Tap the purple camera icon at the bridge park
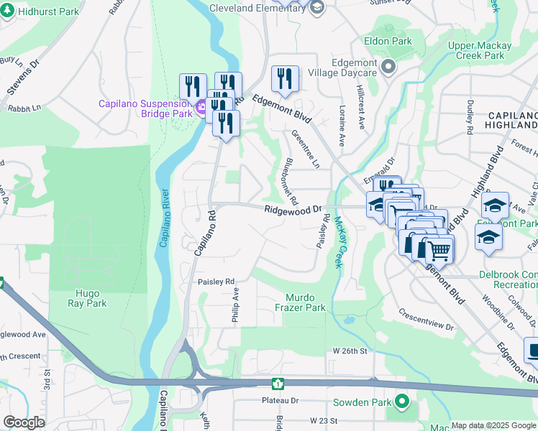(x=201, y=108)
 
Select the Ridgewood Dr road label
(x=292, y=210)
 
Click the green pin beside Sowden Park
(x=401, y=401)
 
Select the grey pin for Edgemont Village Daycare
(x=388, y=68)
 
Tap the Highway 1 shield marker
(x=278, y=383)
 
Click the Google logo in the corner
(x=24, y=422)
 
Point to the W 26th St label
(x=350, y=351)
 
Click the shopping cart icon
(x=439, y=250)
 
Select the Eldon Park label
(x=388, y=41)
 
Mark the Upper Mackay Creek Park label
(x=480, y=50)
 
